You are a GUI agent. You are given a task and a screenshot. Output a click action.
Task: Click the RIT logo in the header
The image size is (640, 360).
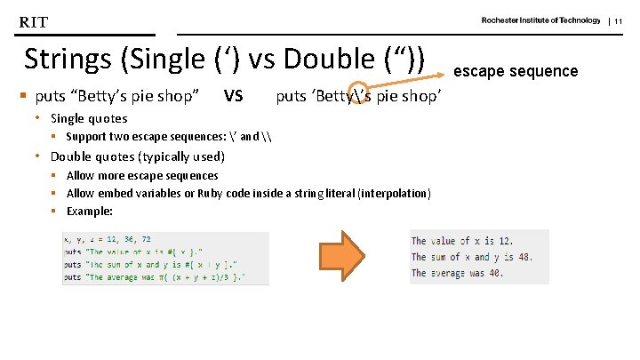34,21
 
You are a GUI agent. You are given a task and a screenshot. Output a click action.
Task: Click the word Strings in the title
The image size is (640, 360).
67,60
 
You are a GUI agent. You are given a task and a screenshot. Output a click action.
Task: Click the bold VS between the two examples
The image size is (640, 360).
233,96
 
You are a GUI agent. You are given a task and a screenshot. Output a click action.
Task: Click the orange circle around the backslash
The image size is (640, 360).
360,96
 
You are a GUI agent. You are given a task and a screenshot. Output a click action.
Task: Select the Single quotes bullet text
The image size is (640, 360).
89,118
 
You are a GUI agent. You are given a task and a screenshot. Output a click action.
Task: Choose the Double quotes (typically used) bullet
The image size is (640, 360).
138,156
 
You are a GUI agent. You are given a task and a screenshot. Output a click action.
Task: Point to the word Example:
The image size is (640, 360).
90,212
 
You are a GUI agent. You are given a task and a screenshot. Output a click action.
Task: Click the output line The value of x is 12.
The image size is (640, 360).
461,242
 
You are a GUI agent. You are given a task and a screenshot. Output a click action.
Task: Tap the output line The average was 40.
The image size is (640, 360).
458,273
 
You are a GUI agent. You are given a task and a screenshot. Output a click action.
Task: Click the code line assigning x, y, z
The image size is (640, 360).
108,239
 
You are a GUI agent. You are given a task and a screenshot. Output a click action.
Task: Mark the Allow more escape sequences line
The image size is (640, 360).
142,176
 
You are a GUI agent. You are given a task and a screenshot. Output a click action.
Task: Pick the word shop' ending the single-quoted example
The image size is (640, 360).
421,96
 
